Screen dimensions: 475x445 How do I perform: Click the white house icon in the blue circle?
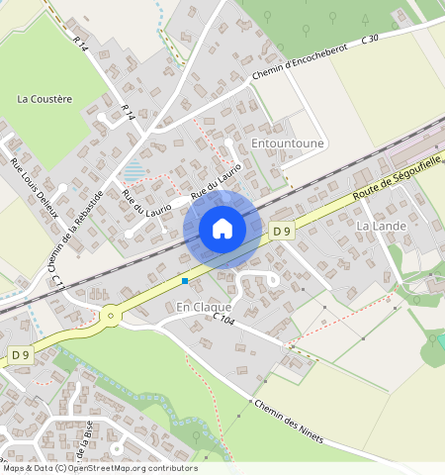(x=222, y=230)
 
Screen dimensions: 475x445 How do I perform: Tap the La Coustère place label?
(x=45, y=99)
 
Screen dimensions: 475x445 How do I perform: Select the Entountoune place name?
(x=288, y=143)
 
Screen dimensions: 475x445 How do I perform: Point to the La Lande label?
(x=381, y=226)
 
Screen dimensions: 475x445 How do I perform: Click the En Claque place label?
(x=203, y=308)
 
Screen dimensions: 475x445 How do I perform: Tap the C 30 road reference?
(x=371, y=39)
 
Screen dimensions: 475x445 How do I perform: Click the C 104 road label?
(x=223, y=319)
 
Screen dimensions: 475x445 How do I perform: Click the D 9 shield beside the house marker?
(x=282, y=231)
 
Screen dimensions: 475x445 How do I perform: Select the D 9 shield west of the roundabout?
(x=21, y=353)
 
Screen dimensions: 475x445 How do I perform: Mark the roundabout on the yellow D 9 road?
(x=110, y=317)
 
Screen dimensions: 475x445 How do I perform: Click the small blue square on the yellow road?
(x=185, y=281)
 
